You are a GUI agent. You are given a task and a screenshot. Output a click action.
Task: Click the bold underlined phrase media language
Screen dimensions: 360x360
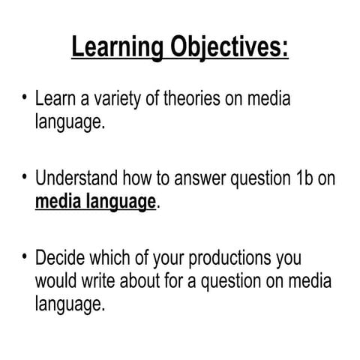point(95,202)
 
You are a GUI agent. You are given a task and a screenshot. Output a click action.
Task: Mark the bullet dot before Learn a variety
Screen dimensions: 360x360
point(25,98)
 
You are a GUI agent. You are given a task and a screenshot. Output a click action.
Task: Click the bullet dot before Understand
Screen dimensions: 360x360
point(25,178)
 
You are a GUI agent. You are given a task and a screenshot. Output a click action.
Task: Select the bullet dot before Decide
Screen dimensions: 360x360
point(25,259)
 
